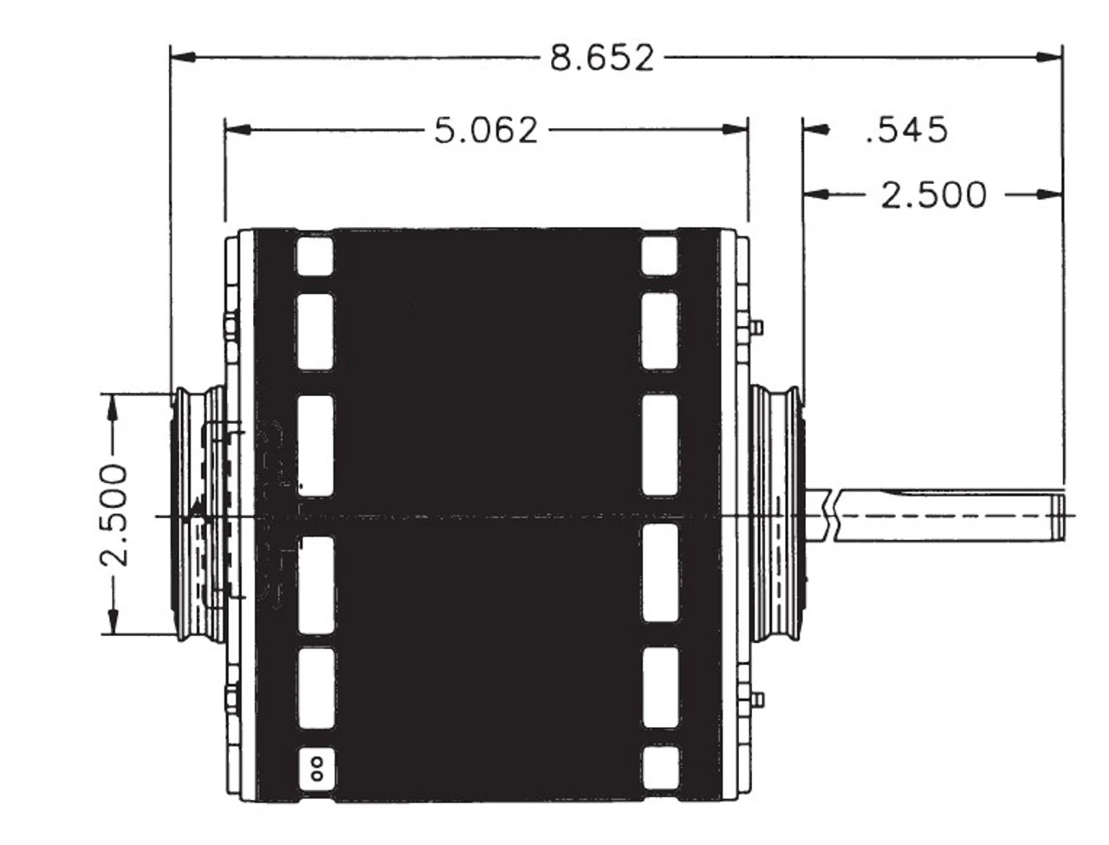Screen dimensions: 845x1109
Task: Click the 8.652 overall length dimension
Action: coord(602,58)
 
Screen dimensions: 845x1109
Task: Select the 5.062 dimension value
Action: coord(486,130)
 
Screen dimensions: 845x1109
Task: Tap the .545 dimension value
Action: coord(906,130)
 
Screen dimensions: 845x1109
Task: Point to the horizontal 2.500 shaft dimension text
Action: coord(933,195)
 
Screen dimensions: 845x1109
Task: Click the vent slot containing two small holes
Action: coord(315,767)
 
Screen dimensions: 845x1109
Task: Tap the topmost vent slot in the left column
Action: coord(315,257)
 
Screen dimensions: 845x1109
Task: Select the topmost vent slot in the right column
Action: coord(659,257)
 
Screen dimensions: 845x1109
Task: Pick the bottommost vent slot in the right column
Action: coord(659,767)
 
